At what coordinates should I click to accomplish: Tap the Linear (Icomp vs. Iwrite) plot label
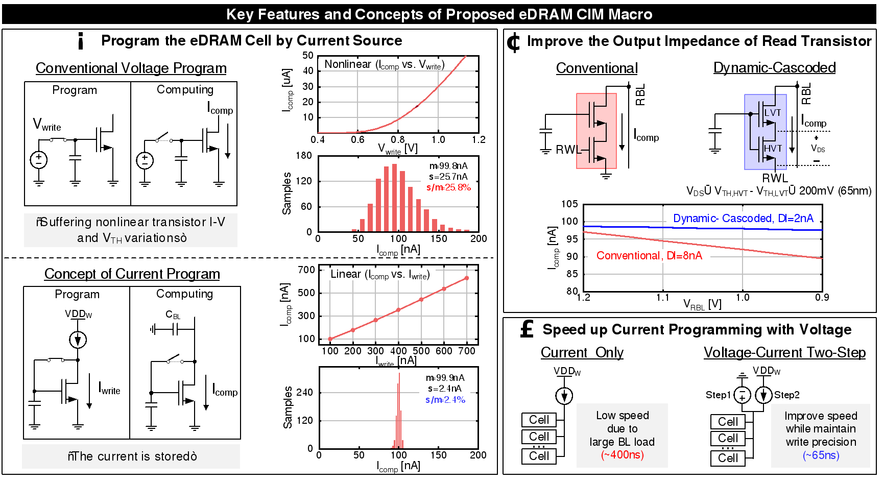(380, 274)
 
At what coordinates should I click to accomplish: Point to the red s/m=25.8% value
(448, 187)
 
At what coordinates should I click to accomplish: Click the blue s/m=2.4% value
(445, 400)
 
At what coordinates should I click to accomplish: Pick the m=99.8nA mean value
(448, 166)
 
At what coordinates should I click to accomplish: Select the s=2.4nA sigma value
(445, 389)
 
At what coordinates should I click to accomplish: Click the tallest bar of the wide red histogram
(394, 197)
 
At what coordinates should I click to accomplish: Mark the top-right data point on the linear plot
(467, 278)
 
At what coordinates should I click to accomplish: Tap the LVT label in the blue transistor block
(772, 113)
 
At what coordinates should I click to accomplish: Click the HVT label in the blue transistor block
(773, 149)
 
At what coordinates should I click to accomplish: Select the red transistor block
(596, 131)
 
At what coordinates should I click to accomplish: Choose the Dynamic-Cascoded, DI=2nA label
(743, 219)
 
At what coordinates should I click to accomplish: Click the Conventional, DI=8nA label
(649, 256)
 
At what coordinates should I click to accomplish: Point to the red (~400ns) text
(622, 455)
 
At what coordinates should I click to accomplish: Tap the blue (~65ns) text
(821, 455)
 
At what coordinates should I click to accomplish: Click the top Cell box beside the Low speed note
(539, 420)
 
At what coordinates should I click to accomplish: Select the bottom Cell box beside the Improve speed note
(728, 458)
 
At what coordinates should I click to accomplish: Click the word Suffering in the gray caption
(66, 222)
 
